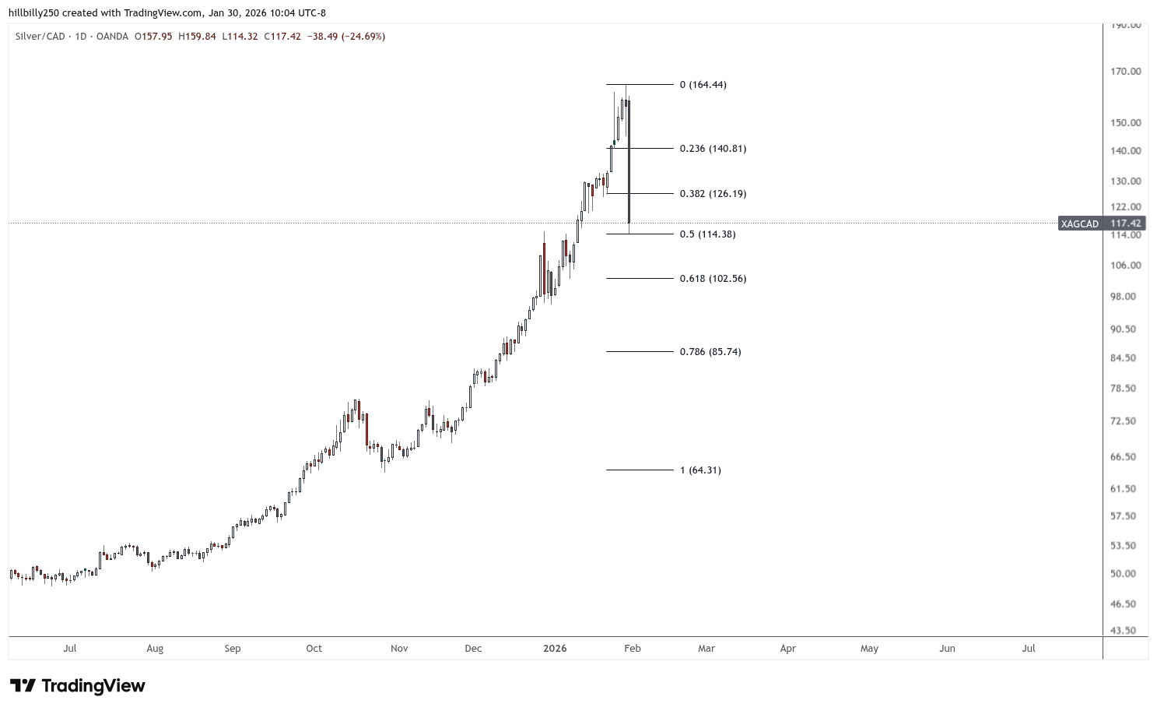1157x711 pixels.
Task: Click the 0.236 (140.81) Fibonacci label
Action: click(713, 149)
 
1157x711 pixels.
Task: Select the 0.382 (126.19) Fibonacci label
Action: click(713, 194)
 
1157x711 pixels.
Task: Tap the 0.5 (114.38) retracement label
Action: click(707, 234)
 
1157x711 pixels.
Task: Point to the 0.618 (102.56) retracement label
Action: click(713, 279)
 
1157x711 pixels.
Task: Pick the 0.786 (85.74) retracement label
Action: click(710, 352)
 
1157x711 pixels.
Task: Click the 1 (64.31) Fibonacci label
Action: click(700, 470)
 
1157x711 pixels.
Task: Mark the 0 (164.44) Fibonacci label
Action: click(703, 85)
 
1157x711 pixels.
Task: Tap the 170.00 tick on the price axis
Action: click(1126, 72)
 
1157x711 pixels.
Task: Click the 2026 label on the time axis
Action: click(555, 649)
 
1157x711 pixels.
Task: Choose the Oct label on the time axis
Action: click(314, 649)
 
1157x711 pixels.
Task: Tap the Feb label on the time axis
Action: click(633, 649)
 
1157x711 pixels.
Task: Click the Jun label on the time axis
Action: click(947, 649)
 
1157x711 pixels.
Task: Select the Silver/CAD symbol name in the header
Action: click(40, 37)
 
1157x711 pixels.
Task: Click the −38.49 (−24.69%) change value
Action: click(346, 37)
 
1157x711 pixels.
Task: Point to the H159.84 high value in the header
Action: click(197, 37)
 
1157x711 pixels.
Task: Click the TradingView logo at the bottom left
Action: click(78, 686)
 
